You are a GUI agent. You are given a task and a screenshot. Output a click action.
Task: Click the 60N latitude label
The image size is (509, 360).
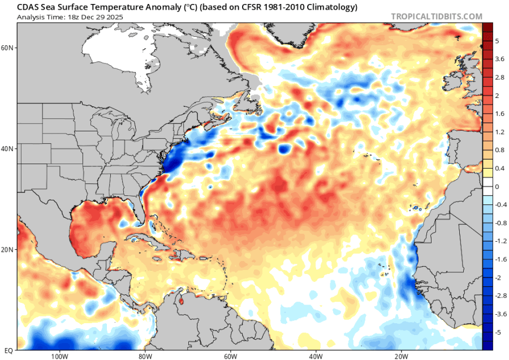[7, 48]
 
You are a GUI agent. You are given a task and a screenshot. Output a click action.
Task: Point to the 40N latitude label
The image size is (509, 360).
[7, 149]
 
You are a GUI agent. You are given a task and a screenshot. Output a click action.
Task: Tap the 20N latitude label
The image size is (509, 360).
[7, 249]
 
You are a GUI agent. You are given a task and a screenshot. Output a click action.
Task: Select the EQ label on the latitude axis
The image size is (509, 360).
[7, 350]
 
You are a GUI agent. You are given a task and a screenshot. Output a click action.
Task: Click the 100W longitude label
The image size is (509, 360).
[59, 356]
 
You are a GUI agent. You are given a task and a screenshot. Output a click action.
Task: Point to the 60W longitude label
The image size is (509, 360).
[230, 356]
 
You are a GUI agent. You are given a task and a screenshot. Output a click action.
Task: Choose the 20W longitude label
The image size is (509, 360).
[401, 356]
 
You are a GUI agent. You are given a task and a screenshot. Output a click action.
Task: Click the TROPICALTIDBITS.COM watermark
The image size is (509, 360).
[437, 16]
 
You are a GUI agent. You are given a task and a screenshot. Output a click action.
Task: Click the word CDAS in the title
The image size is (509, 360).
[28, 7]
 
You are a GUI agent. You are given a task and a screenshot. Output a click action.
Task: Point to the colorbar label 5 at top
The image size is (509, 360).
[497, 41]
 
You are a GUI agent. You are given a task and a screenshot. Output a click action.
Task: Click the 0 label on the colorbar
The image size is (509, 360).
[497, 186]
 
